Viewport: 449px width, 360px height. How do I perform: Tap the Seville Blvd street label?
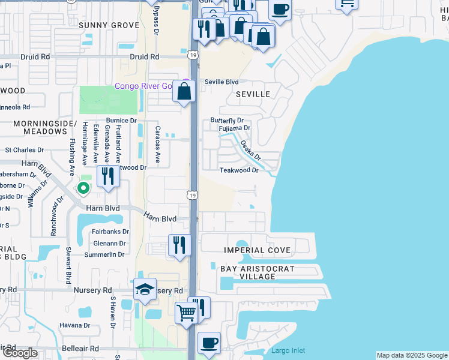pos(221,82)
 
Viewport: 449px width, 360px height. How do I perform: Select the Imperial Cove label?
pos(257,250)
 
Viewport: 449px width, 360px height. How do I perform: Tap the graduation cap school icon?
pos(145,289)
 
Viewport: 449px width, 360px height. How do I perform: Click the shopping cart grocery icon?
pos(186,312)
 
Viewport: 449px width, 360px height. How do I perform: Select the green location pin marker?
pos(83,188)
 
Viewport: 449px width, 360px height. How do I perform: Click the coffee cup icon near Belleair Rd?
pos(209,343)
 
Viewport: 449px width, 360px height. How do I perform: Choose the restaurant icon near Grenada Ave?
pos(108,176)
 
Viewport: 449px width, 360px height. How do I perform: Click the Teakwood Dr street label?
pos(238,170)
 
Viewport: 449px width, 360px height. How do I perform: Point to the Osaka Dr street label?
pos(251,151)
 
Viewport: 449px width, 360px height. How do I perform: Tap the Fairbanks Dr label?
pos(111,231)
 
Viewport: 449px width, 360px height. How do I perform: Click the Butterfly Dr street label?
pos(226,121)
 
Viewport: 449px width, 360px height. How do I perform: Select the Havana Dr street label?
pos(75,326)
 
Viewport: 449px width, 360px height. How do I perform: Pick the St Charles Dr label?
pos(25,150)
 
